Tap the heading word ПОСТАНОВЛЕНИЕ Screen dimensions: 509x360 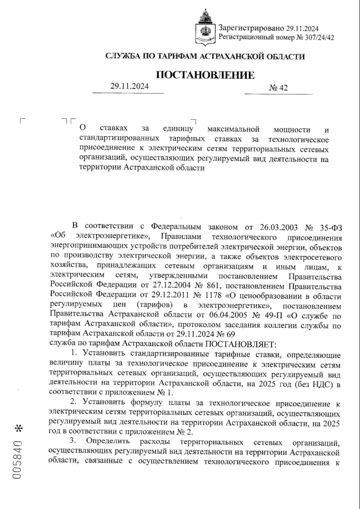(206, 75)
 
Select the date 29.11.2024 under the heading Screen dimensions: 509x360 (129, 86)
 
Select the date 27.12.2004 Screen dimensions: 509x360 (163, 286)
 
